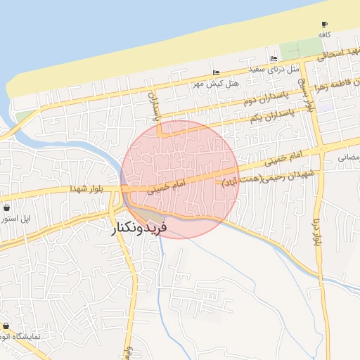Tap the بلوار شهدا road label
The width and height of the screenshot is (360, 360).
(x=87, y=188)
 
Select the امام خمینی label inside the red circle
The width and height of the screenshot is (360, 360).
(x=167, y=186)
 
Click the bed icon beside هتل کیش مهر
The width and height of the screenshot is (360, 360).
(x=215, y=72)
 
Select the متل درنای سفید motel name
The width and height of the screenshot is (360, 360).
(x=274, y=69)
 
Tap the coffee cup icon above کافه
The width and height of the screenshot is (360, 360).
(x=324, y=24)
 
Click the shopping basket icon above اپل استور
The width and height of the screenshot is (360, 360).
(x=6, y=208)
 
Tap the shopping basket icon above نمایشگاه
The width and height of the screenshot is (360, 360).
(x=6, y=326)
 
